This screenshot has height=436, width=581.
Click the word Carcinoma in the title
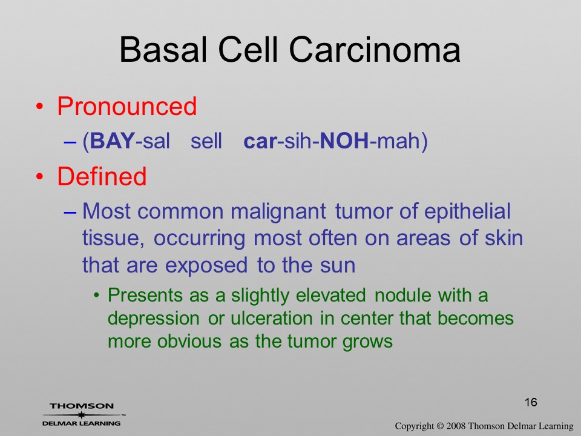(375, 50)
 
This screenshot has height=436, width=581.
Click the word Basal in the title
(162, 50)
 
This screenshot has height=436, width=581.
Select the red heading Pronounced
(126, 107)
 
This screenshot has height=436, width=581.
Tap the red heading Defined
(102, 176)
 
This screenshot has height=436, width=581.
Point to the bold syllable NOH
(344, 141)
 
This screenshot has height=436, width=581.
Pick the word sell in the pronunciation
(206, 141)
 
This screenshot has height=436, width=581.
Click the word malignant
(278, 212)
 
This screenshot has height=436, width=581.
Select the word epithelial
(467, 212)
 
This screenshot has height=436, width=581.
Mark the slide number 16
(531, 402)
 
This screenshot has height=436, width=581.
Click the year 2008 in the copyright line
(456, 426)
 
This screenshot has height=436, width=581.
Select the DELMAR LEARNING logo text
(82, 423)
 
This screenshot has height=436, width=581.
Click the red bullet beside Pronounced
(40, 107)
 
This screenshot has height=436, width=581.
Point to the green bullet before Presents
(96, 296)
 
